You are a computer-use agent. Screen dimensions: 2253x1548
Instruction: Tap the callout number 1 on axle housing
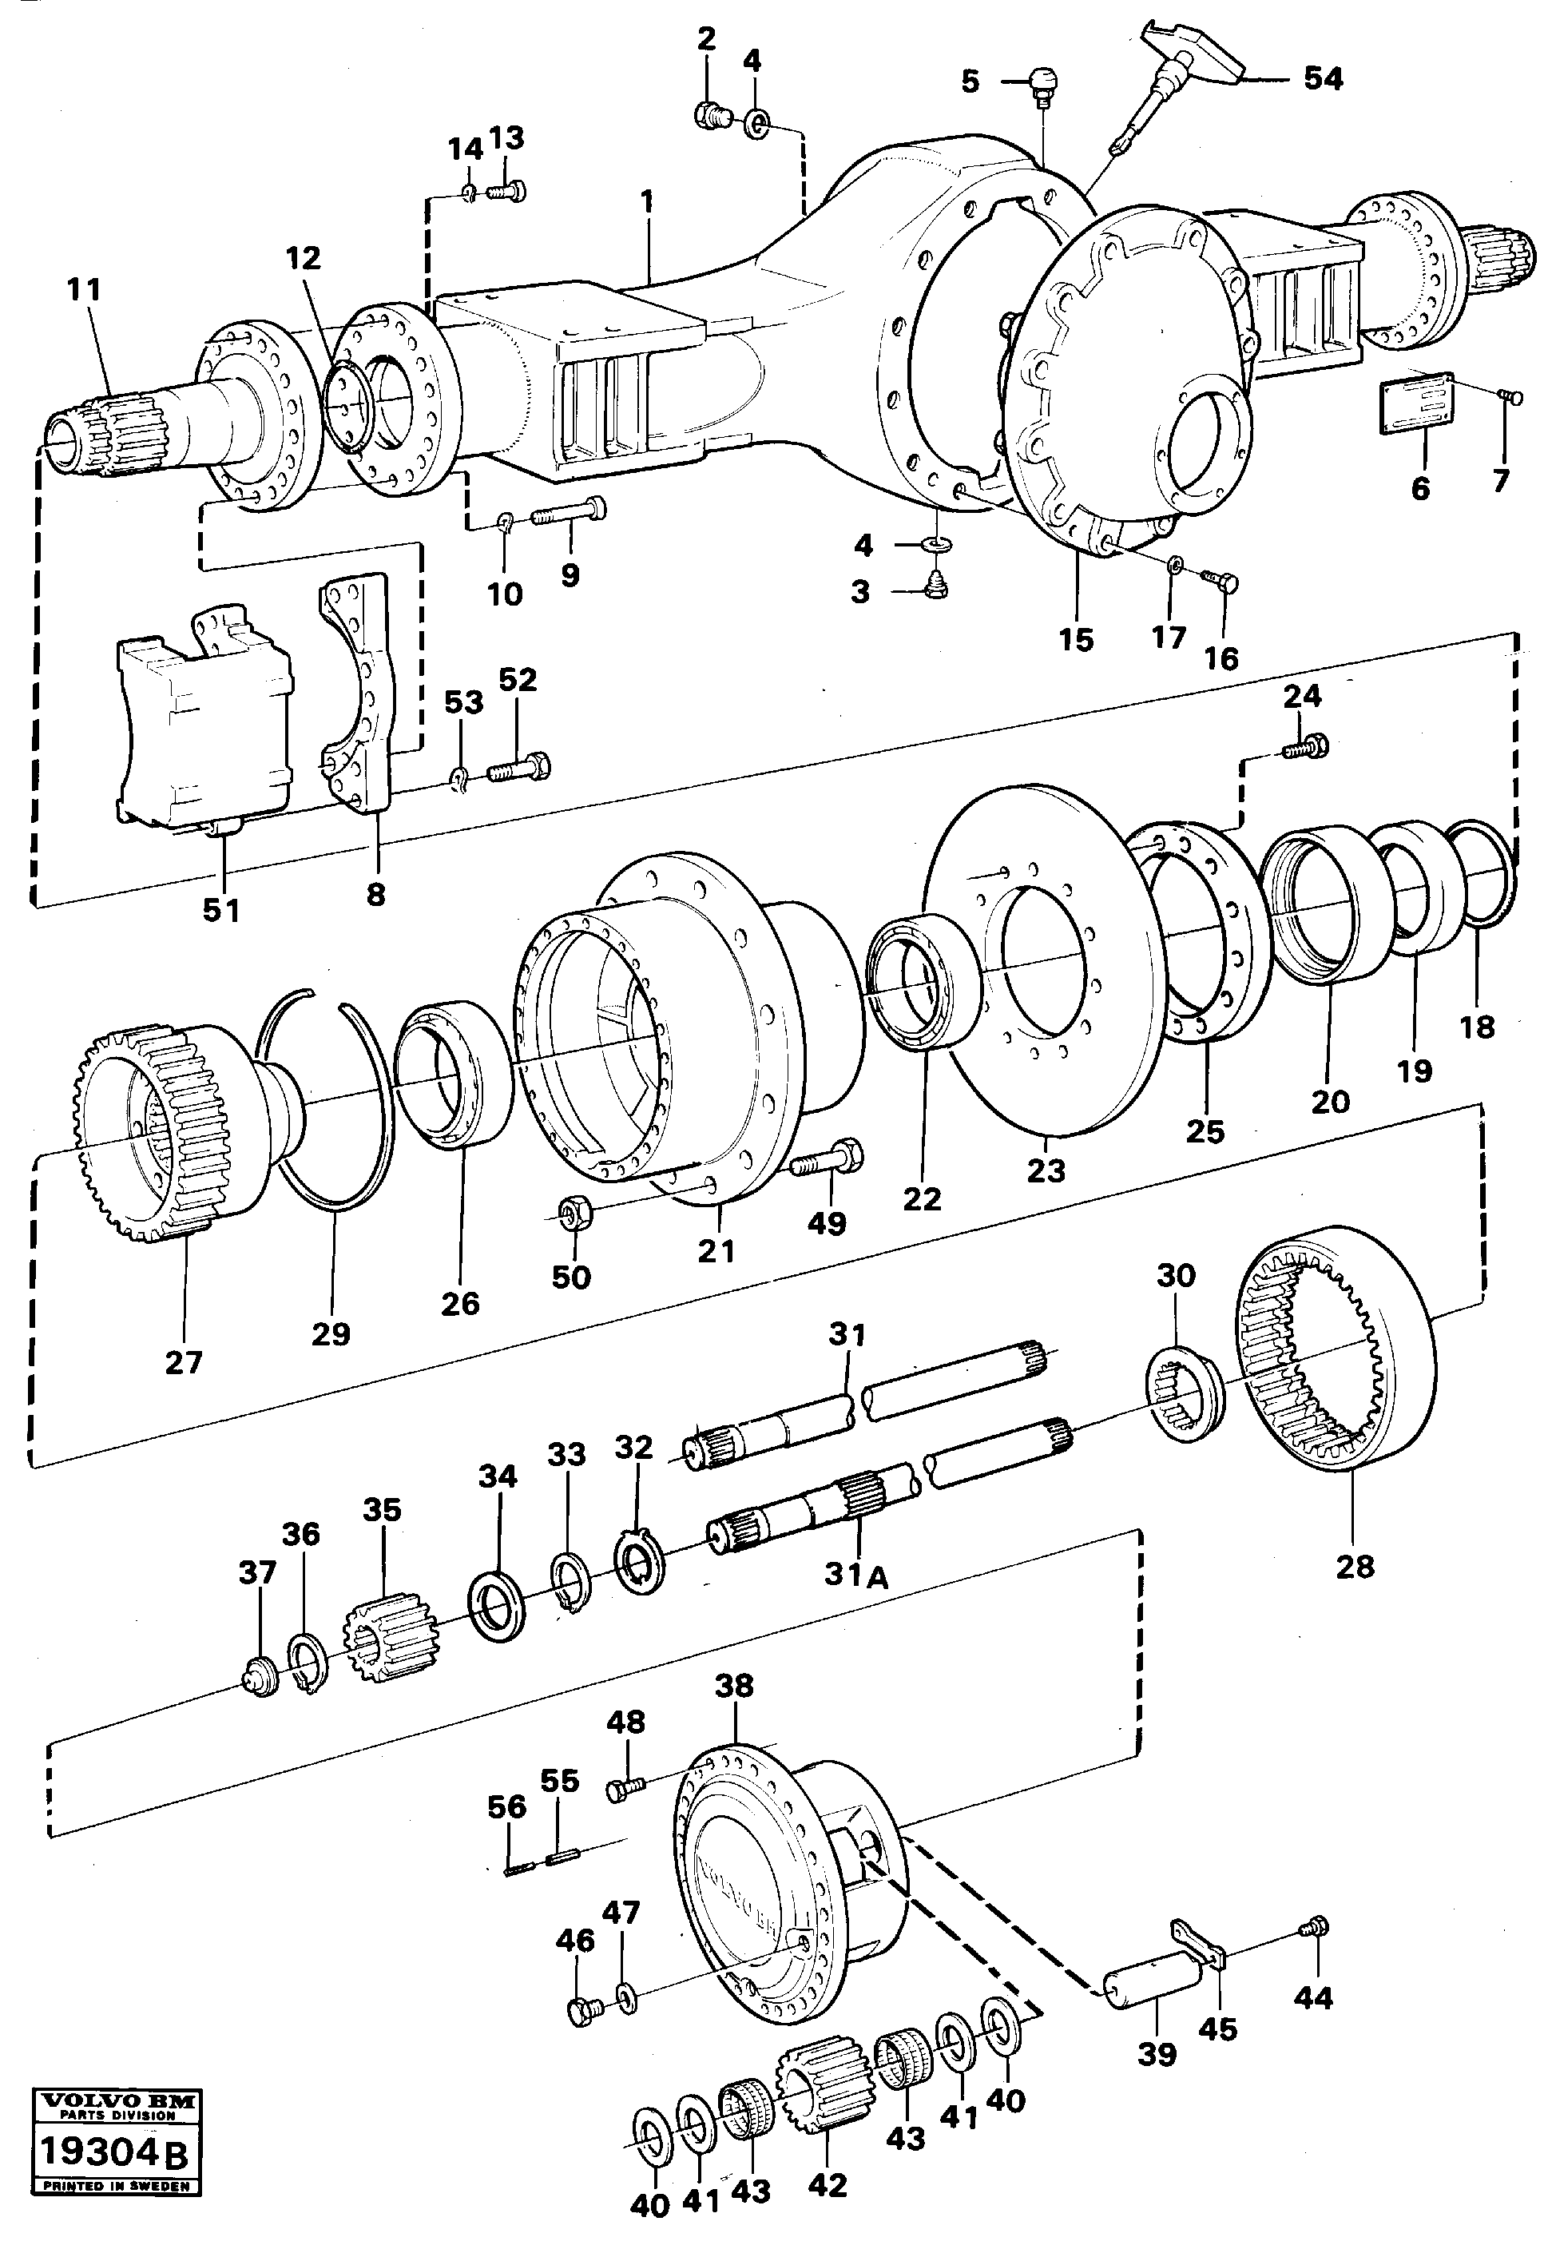click(x=647, y=203)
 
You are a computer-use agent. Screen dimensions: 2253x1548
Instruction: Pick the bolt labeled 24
click(x=1304, y=747)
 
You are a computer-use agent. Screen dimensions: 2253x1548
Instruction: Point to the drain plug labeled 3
click(x=937, y=586)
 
